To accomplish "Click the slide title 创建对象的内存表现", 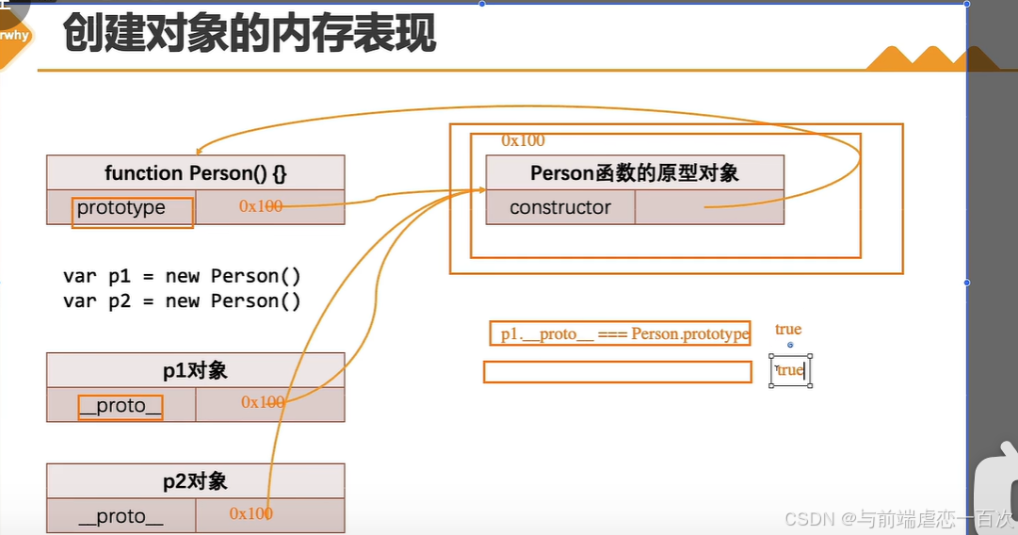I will click(250, 35).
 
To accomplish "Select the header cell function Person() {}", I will click(196, 173).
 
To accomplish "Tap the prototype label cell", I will click(121, 208).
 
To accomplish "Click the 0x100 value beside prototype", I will click(261, 206).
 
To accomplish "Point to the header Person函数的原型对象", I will click(635, 173).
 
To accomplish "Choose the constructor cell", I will click(560, 208).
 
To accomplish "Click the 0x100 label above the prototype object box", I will click(523, 141).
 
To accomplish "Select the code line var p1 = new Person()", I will click(182, 276).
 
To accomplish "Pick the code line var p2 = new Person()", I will click(182, 301).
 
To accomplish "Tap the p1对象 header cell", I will click(196, 370).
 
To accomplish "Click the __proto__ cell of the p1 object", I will click(121, 406).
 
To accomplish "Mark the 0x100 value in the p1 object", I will click(263, 402).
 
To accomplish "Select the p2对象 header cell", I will click(196, 481).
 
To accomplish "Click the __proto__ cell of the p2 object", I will click(121, 516).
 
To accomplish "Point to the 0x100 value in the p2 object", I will click(251, 513).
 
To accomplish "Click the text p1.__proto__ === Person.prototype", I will click(624, 333).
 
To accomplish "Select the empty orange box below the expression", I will click(618, 372).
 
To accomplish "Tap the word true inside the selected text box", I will click(790, 370).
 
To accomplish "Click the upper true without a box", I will click(788, 329).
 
